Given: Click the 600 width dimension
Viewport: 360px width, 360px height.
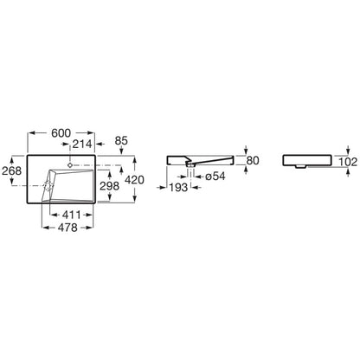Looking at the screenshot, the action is pyautogui.click(x=61, y=133).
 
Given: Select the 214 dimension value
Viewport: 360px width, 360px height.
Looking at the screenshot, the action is pyautogui.click(x=82, y=144).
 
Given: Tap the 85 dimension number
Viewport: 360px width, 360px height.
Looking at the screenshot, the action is pyautogui.click(x=121, y=141).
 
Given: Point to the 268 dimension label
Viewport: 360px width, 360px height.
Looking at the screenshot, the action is pyautogui.click(x=12, y=170).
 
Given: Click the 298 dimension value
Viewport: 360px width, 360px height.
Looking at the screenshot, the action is pyautogui.click(x=110, y=186).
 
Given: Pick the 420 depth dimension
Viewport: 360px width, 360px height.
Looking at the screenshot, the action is pyautogui.click(x=134, y=180).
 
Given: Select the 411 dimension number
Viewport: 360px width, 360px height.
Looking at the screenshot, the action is pyautogui.click(x=72, y=215).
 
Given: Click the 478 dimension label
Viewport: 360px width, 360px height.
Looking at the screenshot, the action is pyautogui.click(x=67, y=228).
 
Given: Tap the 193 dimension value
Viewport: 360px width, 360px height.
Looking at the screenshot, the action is pyautogui.click(x=178, y=188).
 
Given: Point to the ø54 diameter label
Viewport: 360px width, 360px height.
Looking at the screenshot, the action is pyautogui.click(x=215, y=177).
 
